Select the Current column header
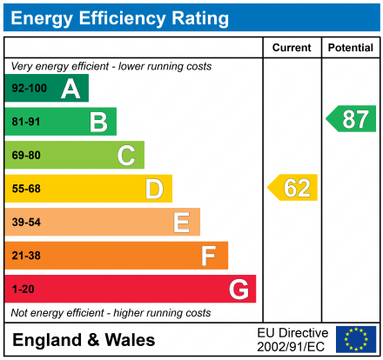click(x=292, y=48)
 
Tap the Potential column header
click(x=350, y=48)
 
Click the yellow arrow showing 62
click(x=293, y=188)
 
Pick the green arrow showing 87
click(x=352, y=119)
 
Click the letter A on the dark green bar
click(x=71, y=88)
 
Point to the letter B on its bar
click(x=98, y=122)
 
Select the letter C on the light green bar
click(x=126, y=156)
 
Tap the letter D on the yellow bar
click(x=154, y=189)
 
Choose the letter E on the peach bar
click(x=181, y=223)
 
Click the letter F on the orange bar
click(x=209, y=256)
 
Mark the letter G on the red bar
click(x=238, y=290)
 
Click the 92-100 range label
click(x=29, y=88)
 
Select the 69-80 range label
click(x=26, y=156)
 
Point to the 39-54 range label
click(x=26, y=223)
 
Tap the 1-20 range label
click(x=23, y=290)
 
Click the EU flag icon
click(x=356, y=339)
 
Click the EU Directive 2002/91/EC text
click(x=292, y=339)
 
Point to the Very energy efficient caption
click(x=111, y=66)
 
